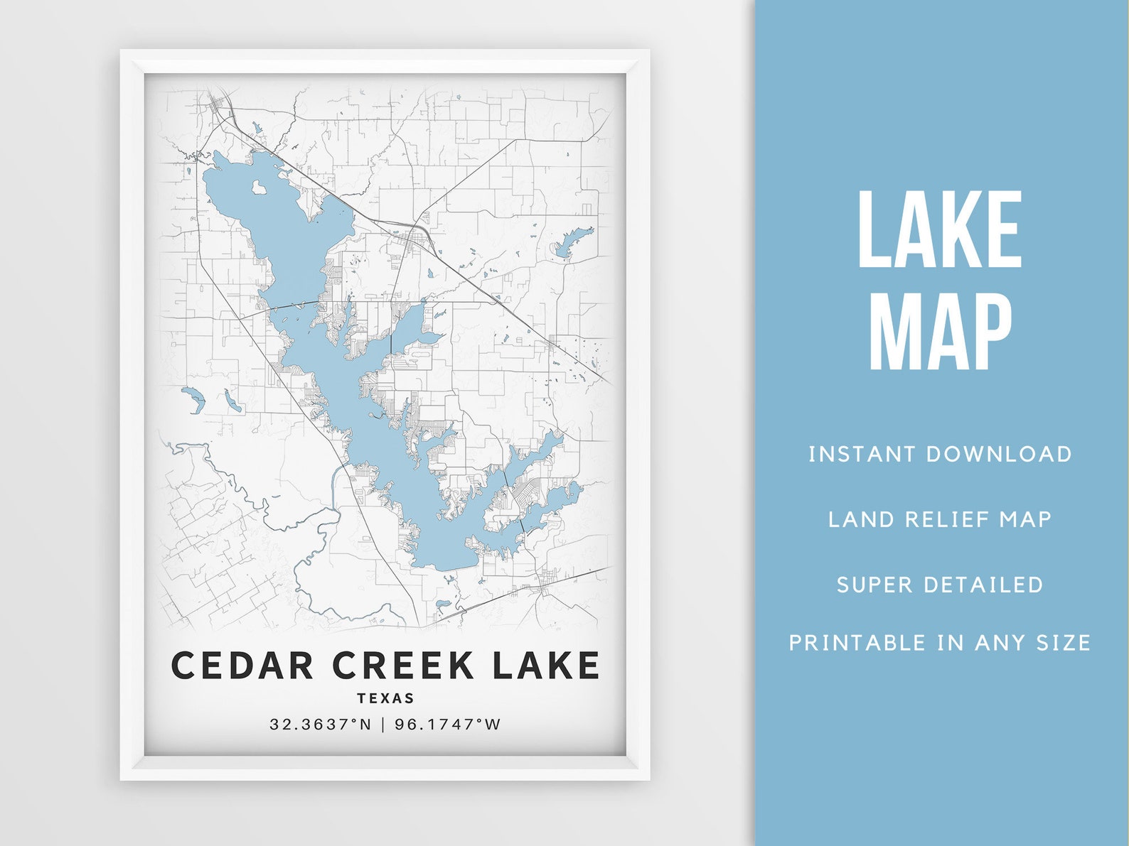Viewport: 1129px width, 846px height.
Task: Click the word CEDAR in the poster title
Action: (x=242, y=666)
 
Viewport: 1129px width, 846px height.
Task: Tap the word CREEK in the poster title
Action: (x=403, y=666)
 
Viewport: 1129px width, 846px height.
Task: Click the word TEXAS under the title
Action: (x=386, y=698)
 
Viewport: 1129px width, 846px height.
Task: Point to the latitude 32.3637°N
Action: (x=321, y=725)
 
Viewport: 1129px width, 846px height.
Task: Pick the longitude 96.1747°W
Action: (x=448, y=725)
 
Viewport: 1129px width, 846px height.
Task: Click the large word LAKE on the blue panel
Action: (x=940, y=230)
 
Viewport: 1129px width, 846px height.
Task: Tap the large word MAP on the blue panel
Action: (x=940, y=333)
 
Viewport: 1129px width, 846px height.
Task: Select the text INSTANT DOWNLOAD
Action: (x=940, y=454)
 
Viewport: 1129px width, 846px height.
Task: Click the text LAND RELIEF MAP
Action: (x=940, y=519)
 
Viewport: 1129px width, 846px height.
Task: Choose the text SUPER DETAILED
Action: (x=940, y=585)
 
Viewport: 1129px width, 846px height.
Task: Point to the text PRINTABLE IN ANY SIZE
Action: (x=940, y=643)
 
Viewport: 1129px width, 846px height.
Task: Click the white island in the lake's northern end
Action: (x=259, y=188)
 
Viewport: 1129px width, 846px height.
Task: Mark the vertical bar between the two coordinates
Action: (x=383, y=725)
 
